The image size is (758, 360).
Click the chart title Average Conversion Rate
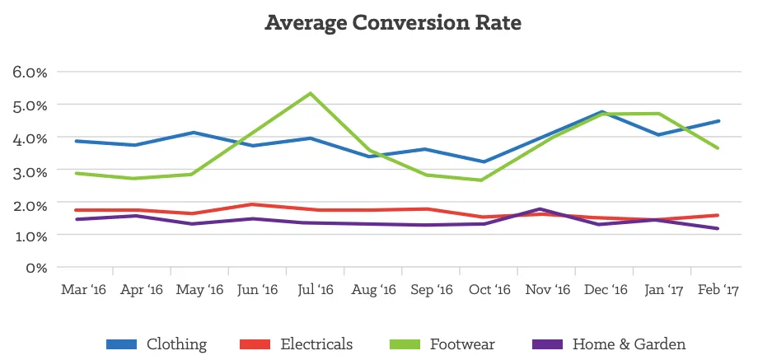click(393, 23)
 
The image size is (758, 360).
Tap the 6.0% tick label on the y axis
click(30, 72)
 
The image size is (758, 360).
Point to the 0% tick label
click(35, 268)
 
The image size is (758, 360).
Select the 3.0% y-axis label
click(30, 170)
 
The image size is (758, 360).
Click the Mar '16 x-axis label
click(84, 290)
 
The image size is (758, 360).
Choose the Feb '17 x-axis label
click(720, 290)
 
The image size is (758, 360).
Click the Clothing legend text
click(176, 344)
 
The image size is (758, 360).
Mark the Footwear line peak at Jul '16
click(310, 93)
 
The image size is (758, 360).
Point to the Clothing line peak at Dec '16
click(603, 112)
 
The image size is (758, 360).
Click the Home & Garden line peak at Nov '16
click(540, 208)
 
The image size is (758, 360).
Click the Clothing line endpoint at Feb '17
click(719, 121)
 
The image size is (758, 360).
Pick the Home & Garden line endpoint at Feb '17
click(719, 229)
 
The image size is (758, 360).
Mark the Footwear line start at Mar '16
click(76, 173)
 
